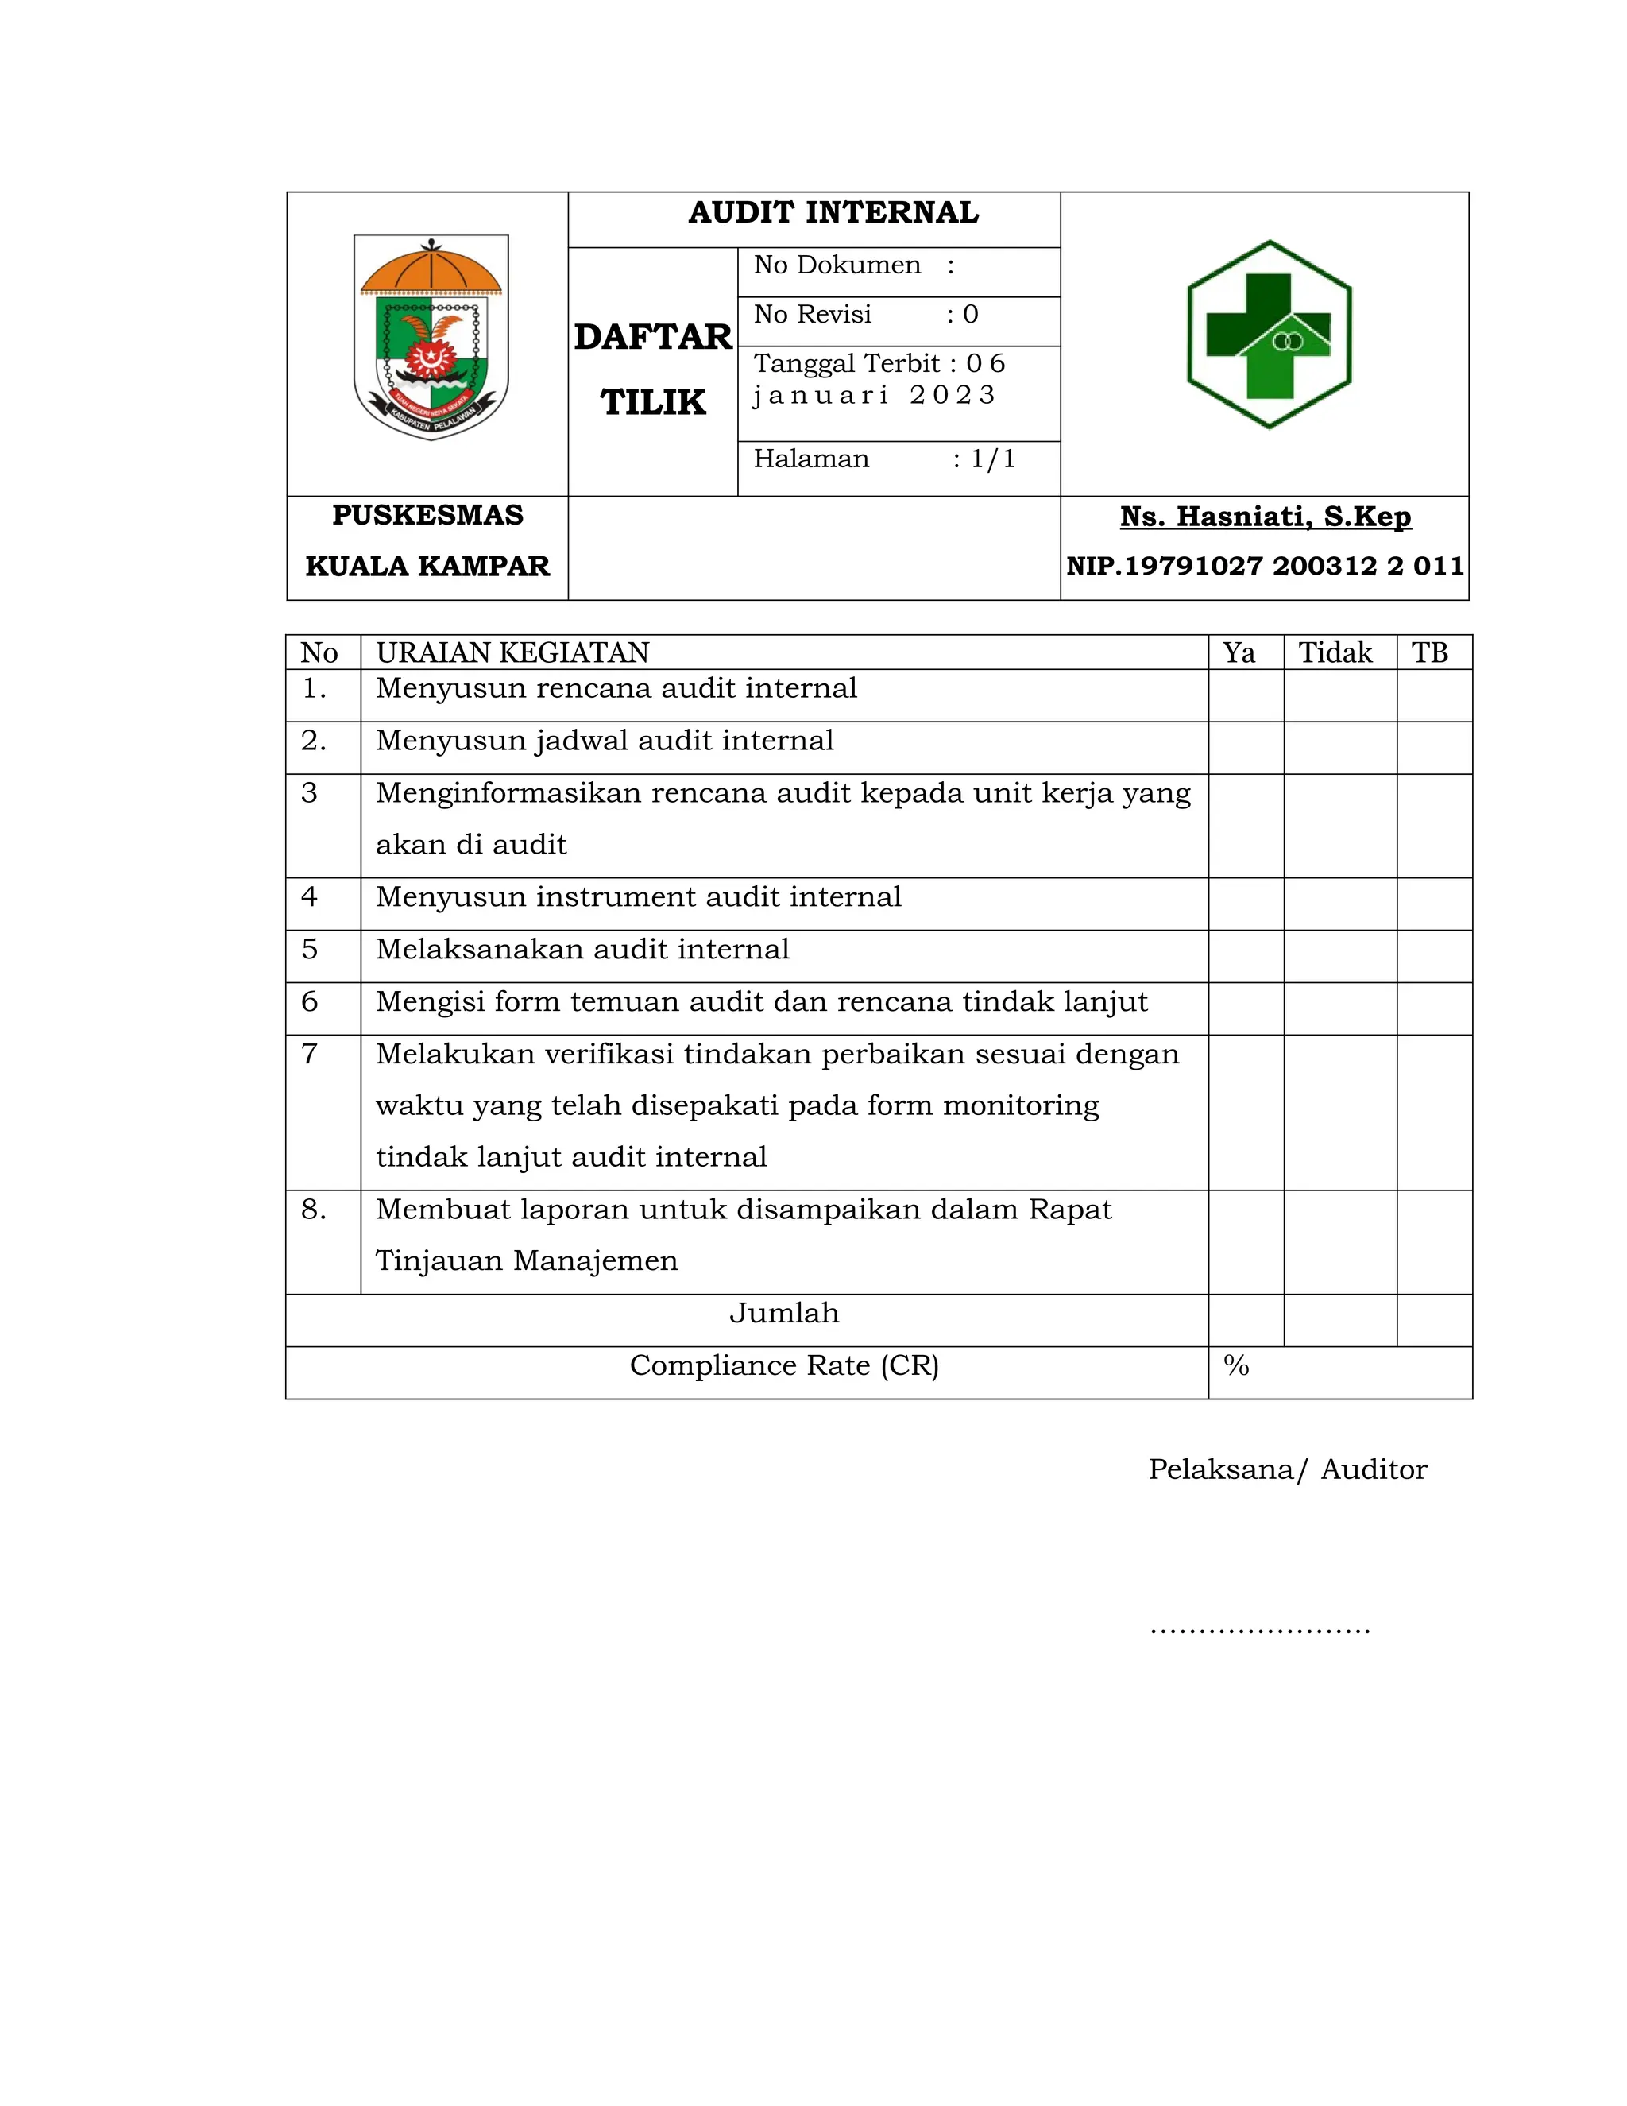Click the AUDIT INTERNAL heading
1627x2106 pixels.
point(833,213)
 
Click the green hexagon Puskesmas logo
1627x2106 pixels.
point(1269,335)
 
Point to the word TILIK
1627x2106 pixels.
point(652,402)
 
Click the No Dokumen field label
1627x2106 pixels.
point(837,265)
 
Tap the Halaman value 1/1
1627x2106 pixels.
point(993,459)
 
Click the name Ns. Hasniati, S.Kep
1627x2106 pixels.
point(1265,517)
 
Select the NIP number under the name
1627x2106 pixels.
point(1265,566)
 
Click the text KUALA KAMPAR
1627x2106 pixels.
point(427,566)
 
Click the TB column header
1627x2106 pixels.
point(1429,652)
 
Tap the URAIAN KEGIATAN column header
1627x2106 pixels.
point(512,652)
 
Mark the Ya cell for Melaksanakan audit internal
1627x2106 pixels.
point(1246,955)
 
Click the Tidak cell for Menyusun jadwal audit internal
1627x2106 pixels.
point(1339,747)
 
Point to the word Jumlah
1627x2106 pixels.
point(783,1314)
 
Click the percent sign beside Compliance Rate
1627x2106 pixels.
point(1235,1365)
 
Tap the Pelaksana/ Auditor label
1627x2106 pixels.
point(1287,1469)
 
